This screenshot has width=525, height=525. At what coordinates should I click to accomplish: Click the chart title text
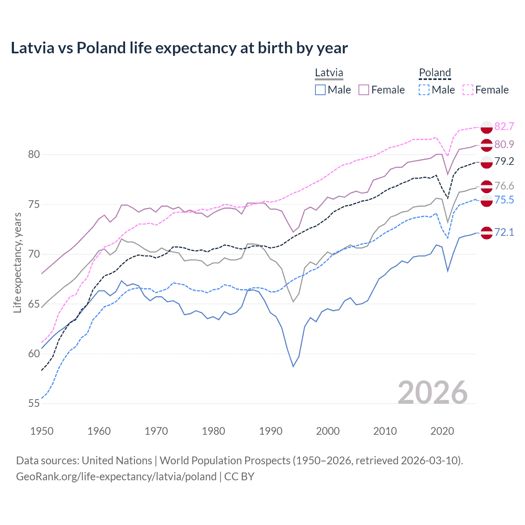tap(179, 48)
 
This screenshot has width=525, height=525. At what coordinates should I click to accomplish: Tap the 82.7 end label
tap(504, 126)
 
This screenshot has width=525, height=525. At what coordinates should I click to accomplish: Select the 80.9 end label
tap(504, 144)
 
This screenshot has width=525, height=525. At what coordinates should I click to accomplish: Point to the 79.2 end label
tap(504, 161)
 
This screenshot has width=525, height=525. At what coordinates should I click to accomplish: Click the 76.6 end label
tap(504, 186)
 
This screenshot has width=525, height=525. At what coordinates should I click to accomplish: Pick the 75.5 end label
tap(504, 200)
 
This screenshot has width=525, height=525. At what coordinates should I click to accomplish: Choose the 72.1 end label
tap(504, 232)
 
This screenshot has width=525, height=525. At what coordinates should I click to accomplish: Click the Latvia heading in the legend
tap(329, 73)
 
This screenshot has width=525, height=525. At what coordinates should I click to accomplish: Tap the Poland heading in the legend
tap(435, 73)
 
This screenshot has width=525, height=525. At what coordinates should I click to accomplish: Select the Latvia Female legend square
tap(364, 90)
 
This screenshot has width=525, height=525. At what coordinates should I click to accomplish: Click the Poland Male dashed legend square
tap(424, 90)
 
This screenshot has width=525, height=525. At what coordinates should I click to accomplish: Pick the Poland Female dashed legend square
tap(468, 90)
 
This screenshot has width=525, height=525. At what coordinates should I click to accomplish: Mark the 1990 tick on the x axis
tap(271, 431)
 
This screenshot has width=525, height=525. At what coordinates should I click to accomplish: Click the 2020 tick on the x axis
tap(442, 431)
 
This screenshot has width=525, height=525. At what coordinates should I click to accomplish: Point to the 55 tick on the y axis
tap(34, 404)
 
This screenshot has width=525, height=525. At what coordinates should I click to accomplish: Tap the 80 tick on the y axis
tap(34, 155)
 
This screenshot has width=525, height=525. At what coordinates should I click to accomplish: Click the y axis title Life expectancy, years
tap(17, 262)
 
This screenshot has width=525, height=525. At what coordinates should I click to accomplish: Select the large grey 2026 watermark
tap(433, 393)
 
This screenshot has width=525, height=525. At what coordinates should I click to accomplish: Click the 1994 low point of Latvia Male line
tap(293, 366)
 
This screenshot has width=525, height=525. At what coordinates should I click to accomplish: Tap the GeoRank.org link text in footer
tap(116, 477)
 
